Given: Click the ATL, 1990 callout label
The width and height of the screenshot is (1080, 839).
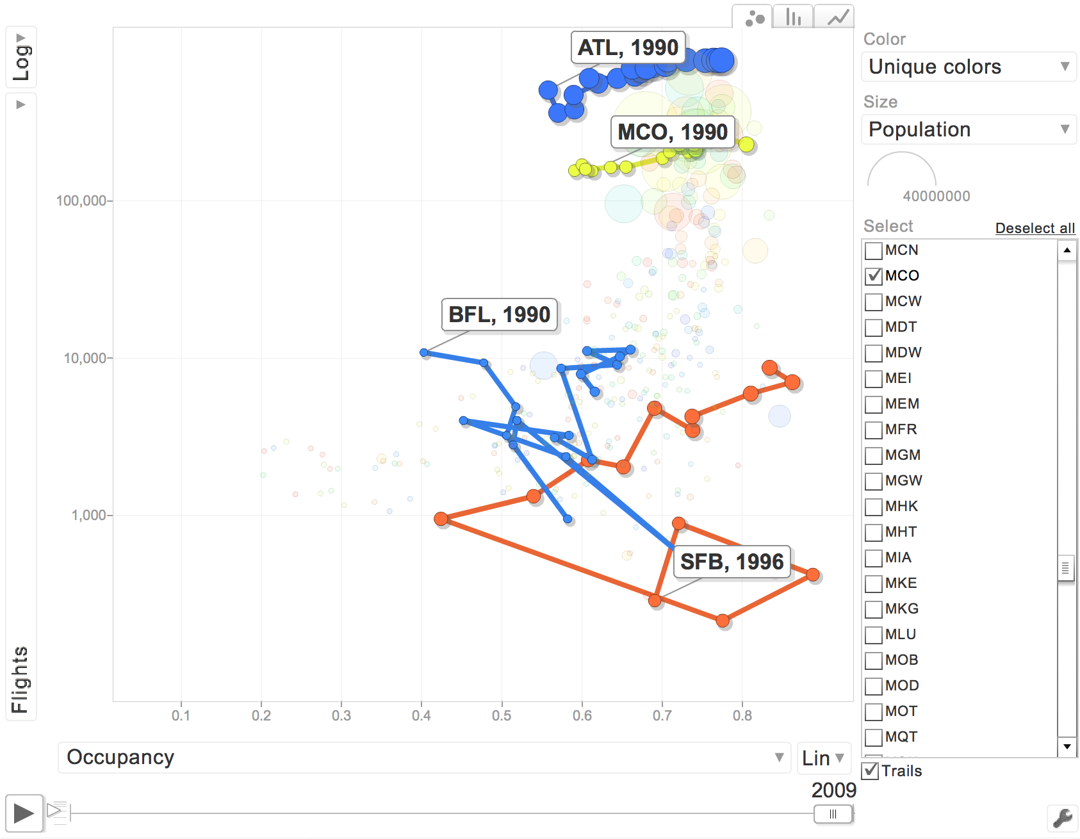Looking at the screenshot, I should (x=628, y=48).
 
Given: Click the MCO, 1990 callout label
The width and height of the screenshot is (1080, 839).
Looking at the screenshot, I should (x=672, y=132).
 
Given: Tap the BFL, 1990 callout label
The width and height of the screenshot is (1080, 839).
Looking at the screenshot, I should (x=499, y=315).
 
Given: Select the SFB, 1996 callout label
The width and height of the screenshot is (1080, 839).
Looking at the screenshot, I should (x=732, y=562).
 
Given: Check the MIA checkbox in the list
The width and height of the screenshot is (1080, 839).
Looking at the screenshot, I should (x=874, y=558).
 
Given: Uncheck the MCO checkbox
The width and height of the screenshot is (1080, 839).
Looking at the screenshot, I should (x=874, y=277).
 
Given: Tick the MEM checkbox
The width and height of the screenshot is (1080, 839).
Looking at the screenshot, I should (x=874, y=405).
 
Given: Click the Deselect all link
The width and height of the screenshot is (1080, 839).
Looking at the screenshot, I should (x=1035, y=228).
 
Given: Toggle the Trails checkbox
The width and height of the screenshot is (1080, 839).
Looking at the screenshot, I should (x=871, y=770).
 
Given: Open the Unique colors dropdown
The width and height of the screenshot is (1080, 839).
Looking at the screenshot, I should (x=968, y=67).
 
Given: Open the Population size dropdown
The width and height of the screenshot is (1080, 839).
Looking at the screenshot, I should (x=968, y=129).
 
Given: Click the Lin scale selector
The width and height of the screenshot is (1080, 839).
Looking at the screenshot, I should (x=823, y=758).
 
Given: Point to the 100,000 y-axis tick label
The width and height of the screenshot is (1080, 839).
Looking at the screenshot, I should (x=81, y=201).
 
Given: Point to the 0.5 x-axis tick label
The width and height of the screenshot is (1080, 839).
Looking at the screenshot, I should (x=502, y=715).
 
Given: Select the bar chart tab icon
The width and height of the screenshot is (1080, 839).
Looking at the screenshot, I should (x=794, y=17).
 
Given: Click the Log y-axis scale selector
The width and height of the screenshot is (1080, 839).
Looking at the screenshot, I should (x=21, y=58).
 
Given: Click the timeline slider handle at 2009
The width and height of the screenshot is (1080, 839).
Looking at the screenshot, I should (x=833, y=814).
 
